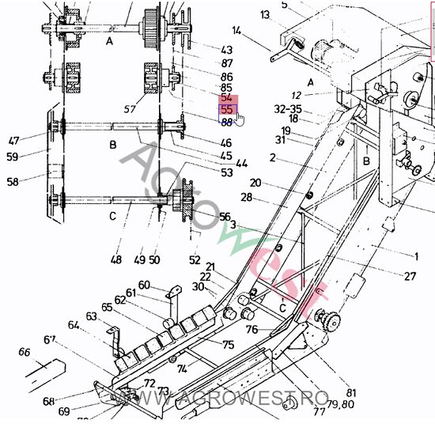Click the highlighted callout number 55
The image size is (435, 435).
(x=227, y=110)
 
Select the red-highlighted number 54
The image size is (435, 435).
(x=227, y=97)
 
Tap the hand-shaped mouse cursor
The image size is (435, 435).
(x=239, y=119)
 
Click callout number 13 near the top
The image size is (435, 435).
(x=264, y=14)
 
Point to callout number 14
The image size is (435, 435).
(x=236, y=31)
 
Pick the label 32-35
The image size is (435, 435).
(x=287, y=108)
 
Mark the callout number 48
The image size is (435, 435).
(x=116, y=259)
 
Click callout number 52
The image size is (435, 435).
(x=195, y=259)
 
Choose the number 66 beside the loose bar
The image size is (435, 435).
(x=25, y=352)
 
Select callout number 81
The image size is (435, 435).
(x=350, y=392)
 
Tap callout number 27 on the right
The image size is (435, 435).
(x=410, y=276)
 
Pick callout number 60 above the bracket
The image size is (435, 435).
(x=144, y=285)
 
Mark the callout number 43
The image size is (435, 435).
(x=226, y=50)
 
